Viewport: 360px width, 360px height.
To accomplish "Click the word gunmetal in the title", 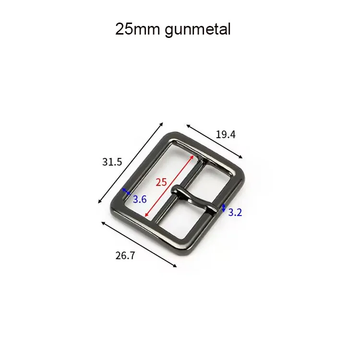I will (197, 30).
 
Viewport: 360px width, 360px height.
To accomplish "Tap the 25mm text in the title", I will (138, 29).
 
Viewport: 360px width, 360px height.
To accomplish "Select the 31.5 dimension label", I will (112, 162).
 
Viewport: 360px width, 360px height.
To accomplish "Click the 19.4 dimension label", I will (225, 134).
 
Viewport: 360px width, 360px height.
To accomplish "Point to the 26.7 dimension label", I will (125, 255).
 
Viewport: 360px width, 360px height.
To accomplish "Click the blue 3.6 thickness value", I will (139, 199).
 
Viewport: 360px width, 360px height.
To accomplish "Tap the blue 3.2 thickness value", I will (235, 212).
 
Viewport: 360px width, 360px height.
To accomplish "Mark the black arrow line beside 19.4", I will (215, 142).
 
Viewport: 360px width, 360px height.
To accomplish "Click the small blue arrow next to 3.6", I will (126, 192).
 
